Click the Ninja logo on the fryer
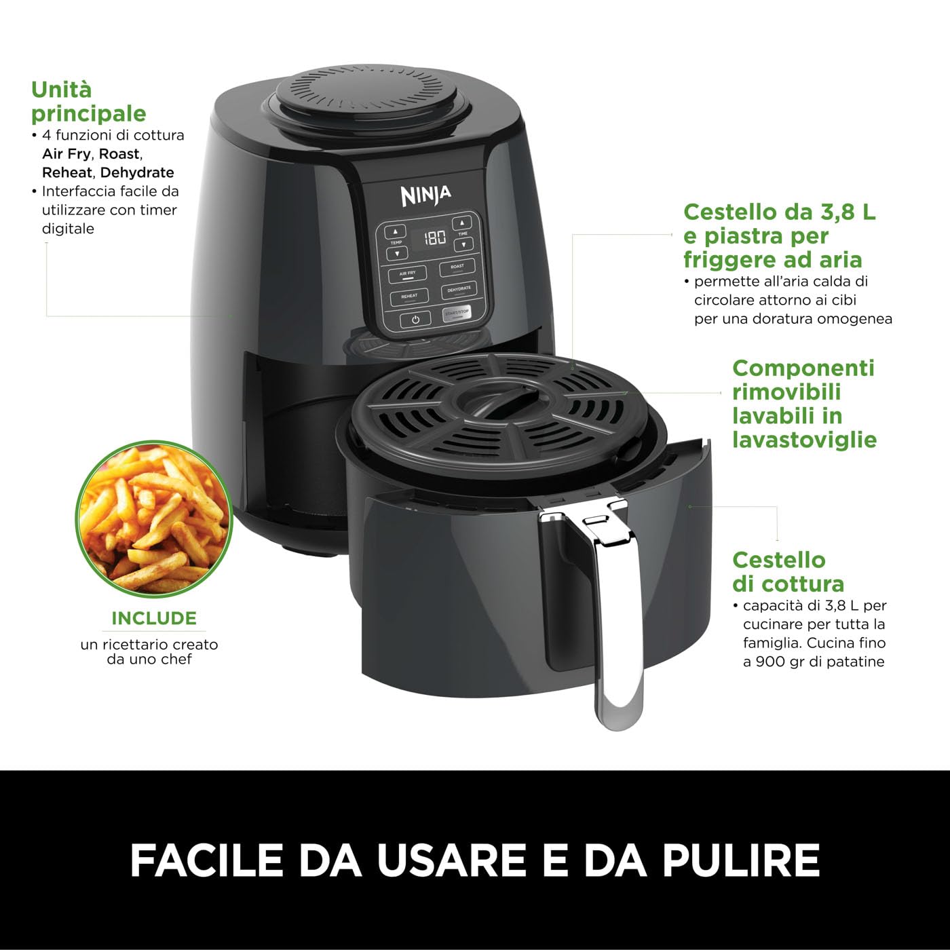[x=425, y=195]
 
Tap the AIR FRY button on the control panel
[x=408, y=273]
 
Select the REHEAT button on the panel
[x=409, y=297]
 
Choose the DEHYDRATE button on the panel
[x=459, y=290]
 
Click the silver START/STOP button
[x=457, y=313]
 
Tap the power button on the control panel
[x=415, y=319]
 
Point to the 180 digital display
[x=434, y=237]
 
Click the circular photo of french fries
[x=154, y=519]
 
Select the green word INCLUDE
[x=154, y=618]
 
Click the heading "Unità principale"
[x=88, y=101]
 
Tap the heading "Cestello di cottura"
[x=787, y=571]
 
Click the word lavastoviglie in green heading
[x=804, y=440]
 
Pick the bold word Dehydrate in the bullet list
[x=137, y=172]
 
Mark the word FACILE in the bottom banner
[x=206, y=860]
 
